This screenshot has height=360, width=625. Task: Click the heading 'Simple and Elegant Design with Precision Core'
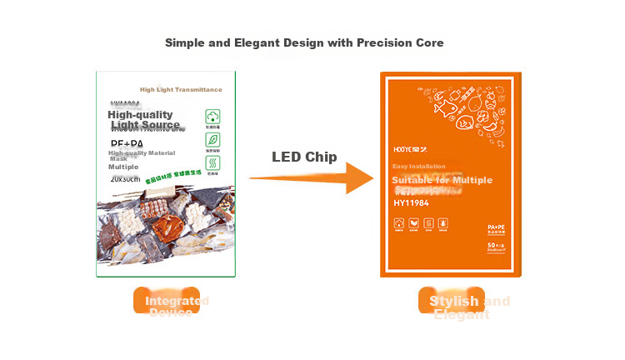coord(304,42)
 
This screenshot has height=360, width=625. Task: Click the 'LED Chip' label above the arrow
coord(304,157)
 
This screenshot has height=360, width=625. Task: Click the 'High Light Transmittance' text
coord(181,90)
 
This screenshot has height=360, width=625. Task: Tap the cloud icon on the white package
coord(213,117)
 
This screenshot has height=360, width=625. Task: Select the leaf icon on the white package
coord(213,139)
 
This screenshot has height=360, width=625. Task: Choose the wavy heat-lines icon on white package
coord(213,162)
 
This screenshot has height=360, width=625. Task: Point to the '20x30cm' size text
coord(126,178)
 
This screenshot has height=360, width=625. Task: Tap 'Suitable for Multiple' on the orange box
coord(442,180)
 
